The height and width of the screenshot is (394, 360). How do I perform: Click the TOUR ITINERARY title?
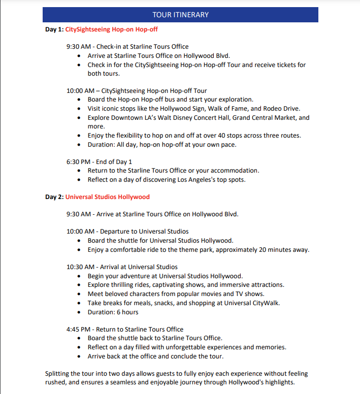[180, 15]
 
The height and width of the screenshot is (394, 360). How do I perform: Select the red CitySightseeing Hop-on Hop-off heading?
[111, 29]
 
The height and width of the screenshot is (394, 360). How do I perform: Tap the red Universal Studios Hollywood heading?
[107, 197]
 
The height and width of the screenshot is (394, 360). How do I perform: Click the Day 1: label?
[54, 29]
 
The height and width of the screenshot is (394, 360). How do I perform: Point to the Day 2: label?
[54, 197]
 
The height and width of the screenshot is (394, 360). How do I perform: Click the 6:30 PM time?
[78, 162]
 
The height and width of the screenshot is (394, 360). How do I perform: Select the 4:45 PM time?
[78, 330]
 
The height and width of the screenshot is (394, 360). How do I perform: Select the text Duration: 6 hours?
[113, 312]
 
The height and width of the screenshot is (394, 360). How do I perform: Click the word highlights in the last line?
[278, 382]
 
